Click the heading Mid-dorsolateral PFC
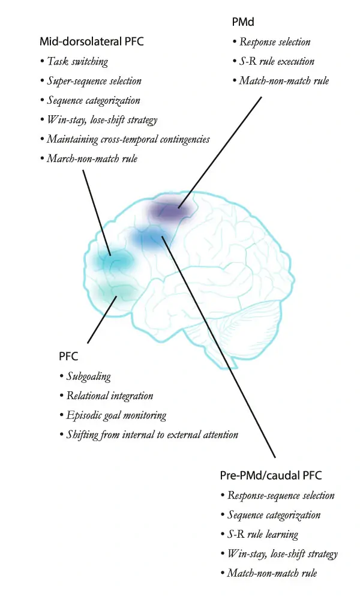tap(92, 41)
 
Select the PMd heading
tap(242, 23)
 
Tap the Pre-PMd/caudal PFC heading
tap(271, 475)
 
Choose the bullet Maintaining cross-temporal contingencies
tap(128, 139)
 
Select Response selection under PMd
tap(275, 42)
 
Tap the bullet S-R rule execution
tap(277, 61)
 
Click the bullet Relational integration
tap(109, 396)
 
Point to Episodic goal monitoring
tap(116, 415)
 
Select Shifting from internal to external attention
tap(152, 434)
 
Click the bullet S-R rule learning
tap(262, 534)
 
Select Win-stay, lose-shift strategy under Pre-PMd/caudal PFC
tap(282, 553)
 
